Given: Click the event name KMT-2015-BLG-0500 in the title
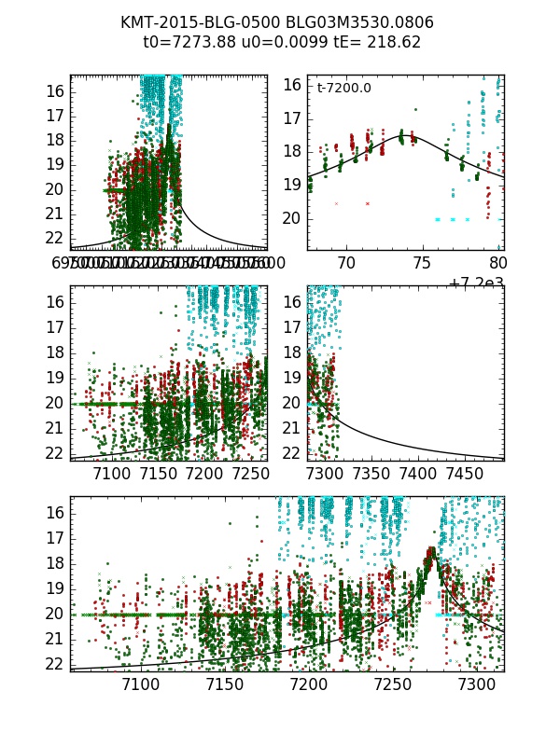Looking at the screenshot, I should [x=192, y=21].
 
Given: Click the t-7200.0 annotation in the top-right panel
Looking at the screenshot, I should [x=344, y=89].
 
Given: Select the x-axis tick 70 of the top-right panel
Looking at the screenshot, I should [x=347, y=264].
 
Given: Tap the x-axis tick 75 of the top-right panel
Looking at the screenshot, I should [x=422, y=264].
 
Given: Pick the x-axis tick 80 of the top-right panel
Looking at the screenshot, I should [x=497, y=264].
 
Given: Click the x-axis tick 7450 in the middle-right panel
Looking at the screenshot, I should [x=471, y=475].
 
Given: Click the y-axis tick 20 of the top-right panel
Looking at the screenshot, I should [x=291, y=218].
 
